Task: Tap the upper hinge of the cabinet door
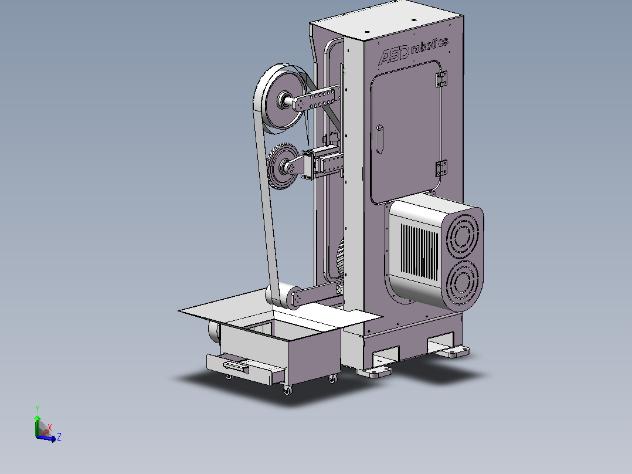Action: click(442, 79)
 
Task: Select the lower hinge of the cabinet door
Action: click(442, 168)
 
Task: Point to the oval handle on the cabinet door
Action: click(379, 139)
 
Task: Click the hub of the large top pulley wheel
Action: click(285, 100)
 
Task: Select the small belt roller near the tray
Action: click(283, 295)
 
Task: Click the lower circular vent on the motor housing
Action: click(462, 282)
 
